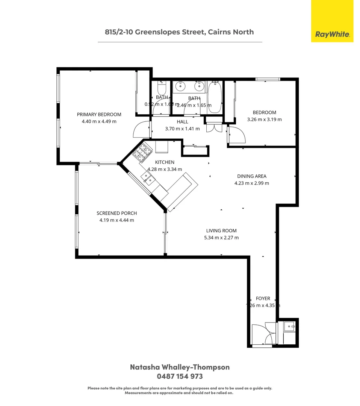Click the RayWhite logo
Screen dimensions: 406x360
332,35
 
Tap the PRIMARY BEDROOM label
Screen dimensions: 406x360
99,115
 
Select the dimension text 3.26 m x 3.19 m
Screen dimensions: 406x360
264,120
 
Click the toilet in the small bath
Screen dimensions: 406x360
162,89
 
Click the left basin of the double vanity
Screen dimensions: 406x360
181,86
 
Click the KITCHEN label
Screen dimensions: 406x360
165,162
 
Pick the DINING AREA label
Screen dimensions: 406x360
251,176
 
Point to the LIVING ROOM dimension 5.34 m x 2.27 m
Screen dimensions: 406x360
221,238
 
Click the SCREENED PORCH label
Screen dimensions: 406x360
116,213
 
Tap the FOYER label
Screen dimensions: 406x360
263,298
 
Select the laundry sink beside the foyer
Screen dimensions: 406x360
289,326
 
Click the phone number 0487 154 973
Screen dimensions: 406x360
180,376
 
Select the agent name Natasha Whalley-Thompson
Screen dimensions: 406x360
180,367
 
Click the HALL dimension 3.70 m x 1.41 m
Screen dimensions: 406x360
182,129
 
